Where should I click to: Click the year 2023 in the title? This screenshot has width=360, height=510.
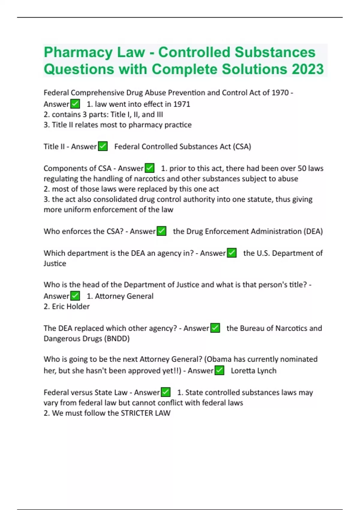pyautogui.click(x=308, y=69)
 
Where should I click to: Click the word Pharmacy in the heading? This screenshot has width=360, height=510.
pyautogui.click(x=78, y=52)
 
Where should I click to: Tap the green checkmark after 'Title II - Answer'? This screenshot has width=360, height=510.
pyautogui.click(x=103, y=146)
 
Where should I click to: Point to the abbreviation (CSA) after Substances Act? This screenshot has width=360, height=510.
pyautogui.click(x=242, y=146)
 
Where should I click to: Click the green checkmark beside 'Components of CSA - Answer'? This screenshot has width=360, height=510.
pyautogui.click(x=149, y=168)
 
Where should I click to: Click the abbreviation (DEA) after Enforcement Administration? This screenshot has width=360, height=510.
pyautogui.click(x=313, y=231)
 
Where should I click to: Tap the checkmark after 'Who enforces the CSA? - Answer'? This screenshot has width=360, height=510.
pyautogui.click(x=161, y=231)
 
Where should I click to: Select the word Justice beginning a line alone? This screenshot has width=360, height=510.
pyautogui.click(x=55, y=263)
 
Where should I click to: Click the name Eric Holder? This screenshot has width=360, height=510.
pyautogui.click(x=71, y=306)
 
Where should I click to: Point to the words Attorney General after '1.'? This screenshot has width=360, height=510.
pyautogui.click(x=124, y=296)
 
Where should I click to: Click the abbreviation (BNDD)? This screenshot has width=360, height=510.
pyautogui.click(x=117, y=338)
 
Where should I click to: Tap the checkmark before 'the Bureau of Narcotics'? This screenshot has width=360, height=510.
pyautogui.click(x=215, y=328)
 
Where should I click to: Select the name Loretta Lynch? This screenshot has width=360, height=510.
pyautogui.click(x=253, y=370)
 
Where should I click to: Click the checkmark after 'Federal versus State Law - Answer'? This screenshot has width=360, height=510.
pyautogui.click(x=166, y=392)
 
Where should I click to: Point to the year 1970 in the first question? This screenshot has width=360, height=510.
pyautogui.click(x=280, y=92)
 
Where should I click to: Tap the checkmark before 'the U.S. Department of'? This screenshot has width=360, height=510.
pyautogui.click(x=232, y=253)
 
